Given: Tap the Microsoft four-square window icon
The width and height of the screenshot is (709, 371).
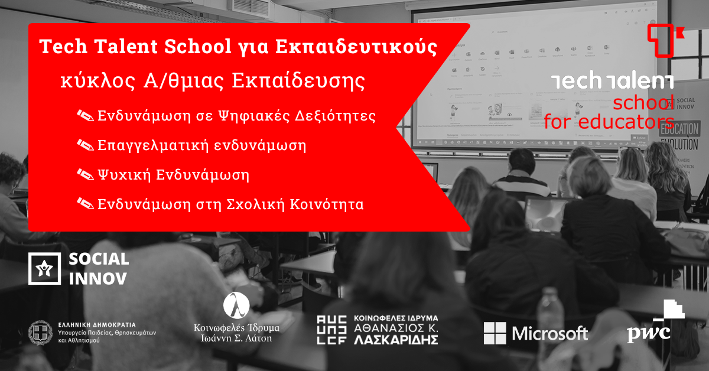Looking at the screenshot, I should pyautogui.click(x=495, y=333).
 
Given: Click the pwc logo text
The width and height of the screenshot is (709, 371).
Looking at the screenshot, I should pyautogui.click(x=648, y=333).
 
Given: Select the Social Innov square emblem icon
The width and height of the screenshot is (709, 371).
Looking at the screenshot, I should pyautogui.click(x=44, y=268).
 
